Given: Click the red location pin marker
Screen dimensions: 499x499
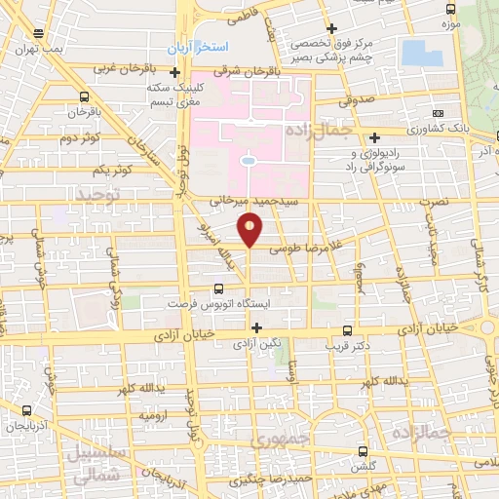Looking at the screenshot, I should point(250,230).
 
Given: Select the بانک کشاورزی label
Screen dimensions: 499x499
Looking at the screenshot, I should point(411,129).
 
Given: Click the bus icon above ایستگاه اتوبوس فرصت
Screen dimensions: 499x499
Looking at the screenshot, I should point(218,288).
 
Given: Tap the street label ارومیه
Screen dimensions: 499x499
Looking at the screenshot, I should point(153,417).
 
